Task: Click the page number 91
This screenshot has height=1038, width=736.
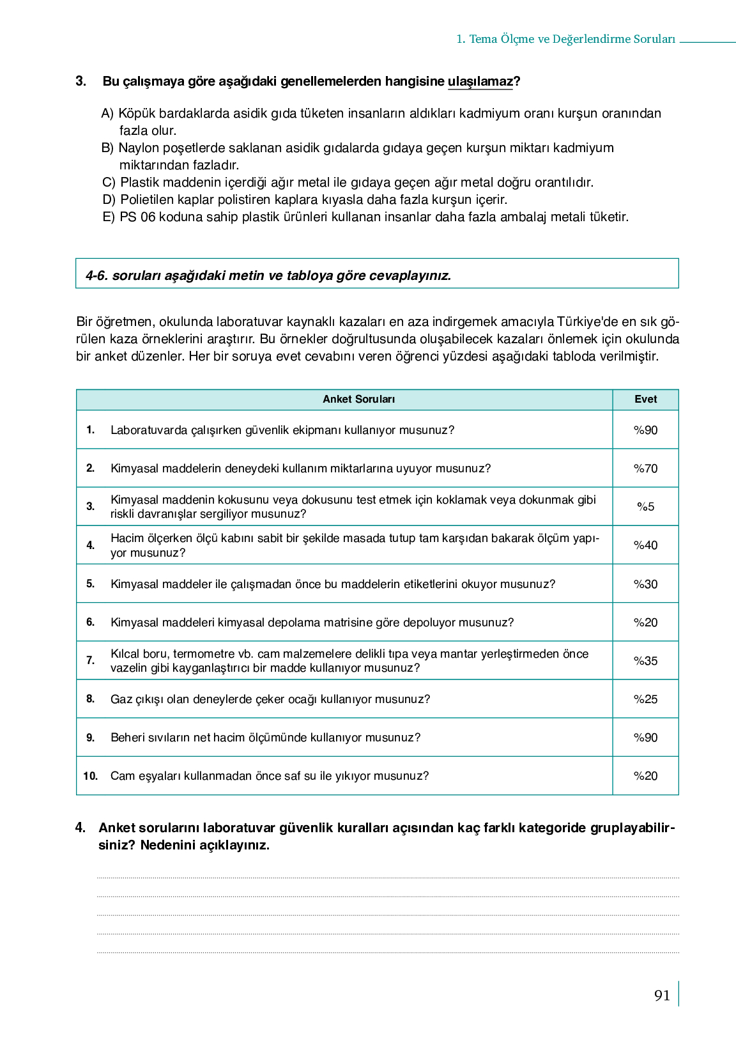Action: pyautogui.click(x=662, y=995)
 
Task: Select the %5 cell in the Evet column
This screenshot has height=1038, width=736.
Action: pyautogui.click(x=645, y=507)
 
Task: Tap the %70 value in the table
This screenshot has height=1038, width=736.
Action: pyautogui.click(x=645, y=469)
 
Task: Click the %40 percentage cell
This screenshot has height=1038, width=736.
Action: pyautogui.click(x=645, y=545)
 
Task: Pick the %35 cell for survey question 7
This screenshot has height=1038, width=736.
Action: pyautogui.click(x=645, y=661)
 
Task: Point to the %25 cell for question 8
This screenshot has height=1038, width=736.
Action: pyautogui.click(x=645, y=699)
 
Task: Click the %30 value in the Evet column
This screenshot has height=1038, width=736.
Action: pyautogui.click(x=645, y=584)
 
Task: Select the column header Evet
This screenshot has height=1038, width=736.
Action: pyautogui.click(x=645, y=399)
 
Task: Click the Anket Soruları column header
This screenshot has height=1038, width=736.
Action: pyautogui.click(x=358, y=399)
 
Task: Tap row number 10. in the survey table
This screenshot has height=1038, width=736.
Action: pyautogui.click(x=90, y=776)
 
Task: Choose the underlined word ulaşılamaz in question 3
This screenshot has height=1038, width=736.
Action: pyautogui.click(x=480, y=82)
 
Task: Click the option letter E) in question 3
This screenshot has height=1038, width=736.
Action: pyautogui.click(x=109, y=217)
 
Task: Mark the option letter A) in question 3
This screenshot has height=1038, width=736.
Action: pyautogui.click(x=107, y=114)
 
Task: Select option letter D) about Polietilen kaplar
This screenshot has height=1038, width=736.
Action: pyautogui.click(x=109, y=200)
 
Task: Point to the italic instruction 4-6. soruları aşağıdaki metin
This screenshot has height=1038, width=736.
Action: pyautogui.click(x=268, y=276)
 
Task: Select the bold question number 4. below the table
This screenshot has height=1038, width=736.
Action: pyautogui.click(x=80, y=828)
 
